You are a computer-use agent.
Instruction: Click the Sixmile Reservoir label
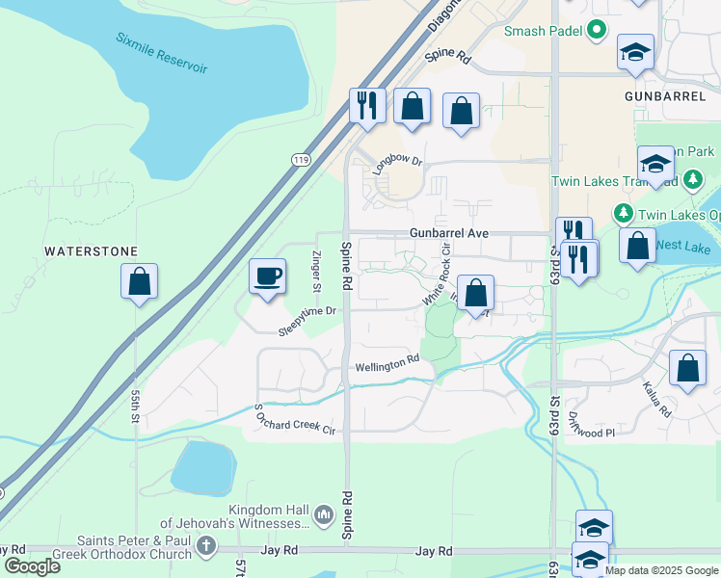pos(162,53)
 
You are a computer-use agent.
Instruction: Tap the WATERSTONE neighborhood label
pos(92,251)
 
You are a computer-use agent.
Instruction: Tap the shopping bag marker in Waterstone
pos(139,282)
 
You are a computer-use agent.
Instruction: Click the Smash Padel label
pos(545,32)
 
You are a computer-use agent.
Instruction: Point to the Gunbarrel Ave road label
pos(449,233)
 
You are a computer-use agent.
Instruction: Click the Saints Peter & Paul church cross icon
pos(205,546)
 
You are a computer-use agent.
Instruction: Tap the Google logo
pos(32,565)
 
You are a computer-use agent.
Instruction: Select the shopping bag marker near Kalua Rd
pos(687,369)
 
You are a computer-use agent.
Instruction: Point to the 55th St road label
pos(137,407)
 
